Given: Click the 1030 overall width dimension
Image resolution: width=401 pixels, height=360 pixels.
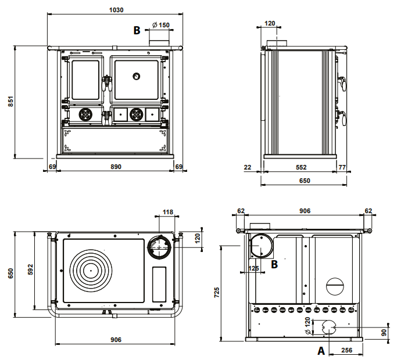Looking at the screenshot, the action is tap(116, 10).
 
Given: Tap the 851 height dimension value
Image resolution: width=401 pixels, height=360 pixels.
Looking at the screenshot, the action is tap(10, 102).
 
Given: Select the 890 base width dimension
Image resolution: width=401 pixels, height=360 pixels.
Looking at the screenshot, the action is tap(116, 167).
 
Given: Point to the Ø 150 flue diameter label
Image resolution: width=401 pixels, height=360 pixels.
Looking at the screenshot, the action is tap(161, 25).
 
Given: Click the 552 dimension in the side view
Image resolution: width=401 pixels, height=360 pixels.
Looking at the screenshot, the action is tap(301, 167).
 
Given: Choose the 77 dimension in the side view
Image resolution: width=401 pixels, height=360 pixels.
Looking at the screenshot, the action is tap(342, 167).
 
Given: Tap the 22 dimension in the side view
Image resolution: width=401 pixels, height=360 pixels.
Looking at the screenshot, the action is tap(248, 167).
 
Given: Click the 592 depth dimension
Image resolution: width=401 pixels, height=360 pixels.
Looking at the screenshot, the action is tap(30, 269).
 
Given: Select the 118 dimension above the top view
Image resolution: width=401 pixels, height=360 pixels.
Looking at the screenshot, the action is tap(168, 212).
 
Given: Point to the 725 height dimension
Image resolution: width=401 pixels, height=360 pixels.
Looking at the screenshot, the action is tap(217, 293).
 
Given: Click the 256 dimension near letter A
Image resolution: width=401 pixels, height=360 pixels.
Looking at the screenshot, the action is tap(346, 350).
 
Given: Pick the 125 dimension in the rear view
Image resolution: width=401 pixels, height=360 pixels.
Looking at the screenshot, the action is tap(253, 268).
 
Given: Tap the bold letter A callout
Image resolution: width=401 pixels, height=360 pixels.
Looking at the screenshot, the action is tap(321, 351).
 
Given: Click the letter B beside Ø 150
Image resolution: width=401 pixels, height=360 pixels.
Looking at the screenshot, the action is tap(137, 30).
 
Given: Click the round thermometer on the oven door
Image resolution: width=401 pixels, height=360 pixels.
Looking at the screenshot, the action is tap(137, 76).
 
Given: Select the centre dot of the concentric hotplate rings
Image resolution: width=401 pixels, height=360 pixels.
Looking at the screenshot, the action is tap(91, 271).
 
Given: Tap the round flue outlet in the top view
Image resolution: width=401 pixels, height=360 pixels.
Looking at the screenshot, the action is tap(159, 247).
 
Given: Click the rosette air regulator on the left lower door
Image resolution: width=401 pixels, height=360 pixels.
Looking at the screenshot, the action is tap(85, 114).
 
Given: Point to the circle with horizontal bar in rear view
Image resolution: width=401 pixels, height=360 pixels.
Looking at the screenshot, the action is tap(335, 286).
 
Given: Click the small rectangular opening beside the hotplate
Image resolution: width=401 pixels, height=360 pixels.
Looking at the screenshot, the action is tap(159, 284).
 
